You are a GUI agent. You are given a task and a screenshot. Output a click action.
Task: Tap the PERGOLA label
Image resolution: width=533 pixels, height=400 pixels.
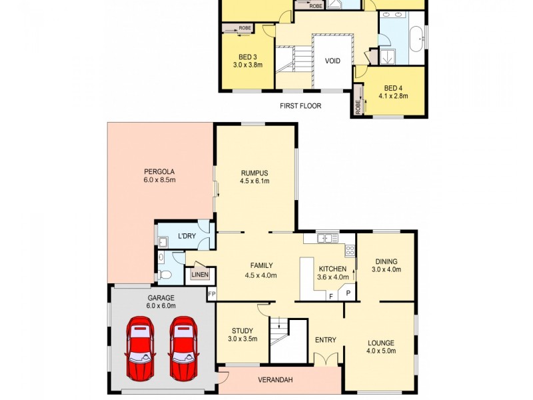click(159, 170)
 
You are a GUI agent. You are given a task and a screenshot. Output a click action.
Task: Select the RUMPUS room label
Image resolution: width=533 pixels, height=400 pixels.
click(255, 172)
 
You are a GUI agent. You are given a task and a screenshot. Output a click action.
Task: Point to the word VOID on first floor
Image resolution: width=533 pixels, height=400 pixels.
click(332, 61)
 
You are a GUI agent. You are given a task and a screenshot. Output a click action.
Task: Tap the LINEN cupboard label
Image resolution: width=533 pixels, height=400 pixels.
click(200, 275)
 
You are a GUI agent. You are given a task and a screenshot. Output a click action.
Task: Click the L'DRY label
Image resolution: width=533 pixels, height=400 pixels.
click(186, 237)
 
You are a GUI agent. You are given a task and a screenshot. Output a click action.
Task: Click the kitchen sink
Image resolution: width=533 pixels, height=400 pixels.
click(324, 237)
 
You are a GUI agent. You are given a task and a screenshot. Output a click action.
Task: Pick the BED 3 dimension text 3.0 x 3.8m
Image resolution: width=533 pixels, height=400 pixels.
click(247, 65)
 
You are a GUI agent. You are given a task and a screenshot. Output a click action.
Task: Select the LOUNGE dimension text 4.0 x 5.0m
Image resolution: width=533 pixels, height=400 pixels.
click(382, 351)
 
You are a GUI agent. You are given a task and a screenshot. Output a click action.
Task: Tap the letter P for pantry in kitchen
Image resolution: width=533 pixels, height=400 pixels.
click(348, 293)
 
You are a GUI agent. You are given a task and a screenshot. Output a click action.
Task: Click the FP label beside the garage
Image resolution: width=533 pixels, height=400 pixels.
click(212, 293)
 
